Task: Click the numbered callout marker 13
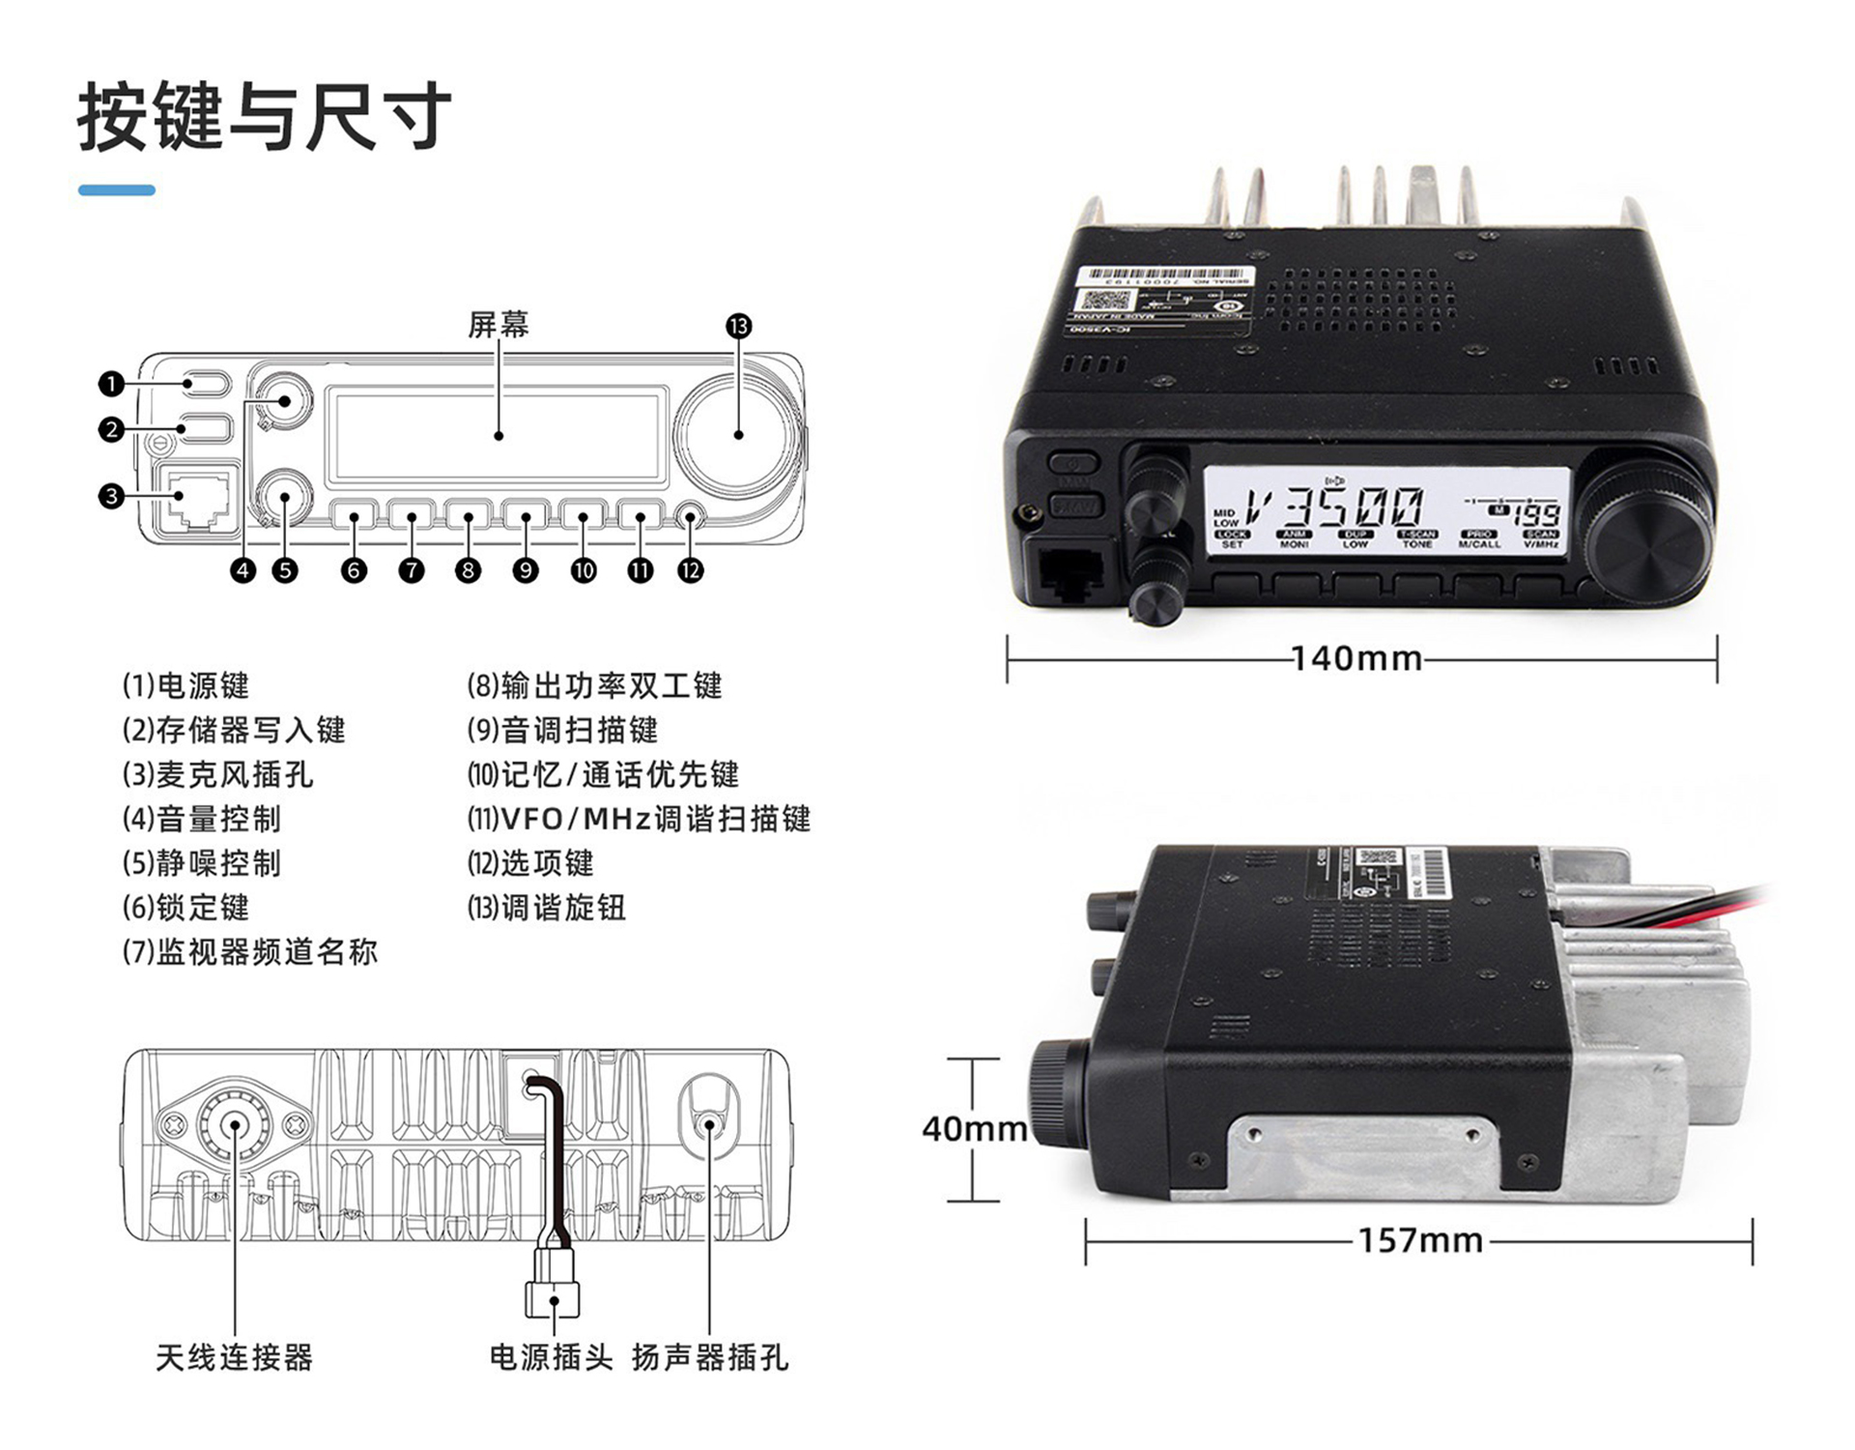739,326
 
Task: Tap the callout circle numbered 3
111,497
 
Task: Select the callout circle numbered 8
469,570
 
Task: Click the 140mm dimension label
1356,659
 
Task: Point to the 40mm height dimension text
974,1128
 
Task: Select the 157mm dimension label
1420,1240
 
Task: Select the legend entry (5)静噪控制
202,863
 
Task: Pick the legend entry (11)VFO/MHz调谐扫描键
639,819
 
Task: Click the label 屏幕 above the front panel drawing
499,325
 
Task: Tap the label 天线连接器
235,1357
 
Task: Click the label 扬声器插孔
710,1357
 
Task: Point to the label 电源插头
551,1357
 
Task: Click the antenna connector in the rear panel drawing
235,1124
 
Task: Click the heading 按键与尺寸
264,117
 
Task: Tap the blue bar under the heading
117,190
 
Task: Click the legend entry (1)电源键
185,685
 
